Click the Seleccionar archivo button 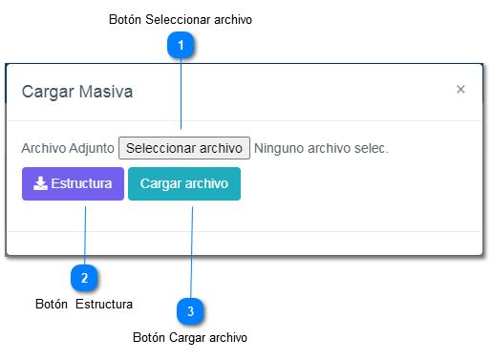click(184, 148)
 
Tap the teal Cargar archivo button click(184, 183)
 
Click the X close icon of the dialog click(460, 90)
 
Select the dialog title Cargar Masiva click(77, 93)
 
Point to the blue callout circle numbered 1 click(181, 44)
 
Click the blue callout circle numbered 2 click(84, 278)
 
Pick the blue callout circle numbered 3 click(190, 311)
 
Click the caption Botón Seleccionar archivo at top click(181, 19)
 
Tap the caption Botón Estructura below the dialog click(83, 304)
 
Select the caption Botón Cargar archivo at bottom click(190, 337)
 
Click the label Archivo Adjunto click(67, 148)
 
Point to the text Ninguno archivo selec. click(322, 148)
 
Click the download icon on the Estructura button click(40, 183)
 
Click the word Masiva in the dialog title click(106, 93)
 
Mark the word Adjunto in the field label click(92, 148)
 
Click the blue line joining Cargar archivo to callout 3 click(192, 248)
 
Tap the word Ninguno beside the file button click(283, 148)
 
